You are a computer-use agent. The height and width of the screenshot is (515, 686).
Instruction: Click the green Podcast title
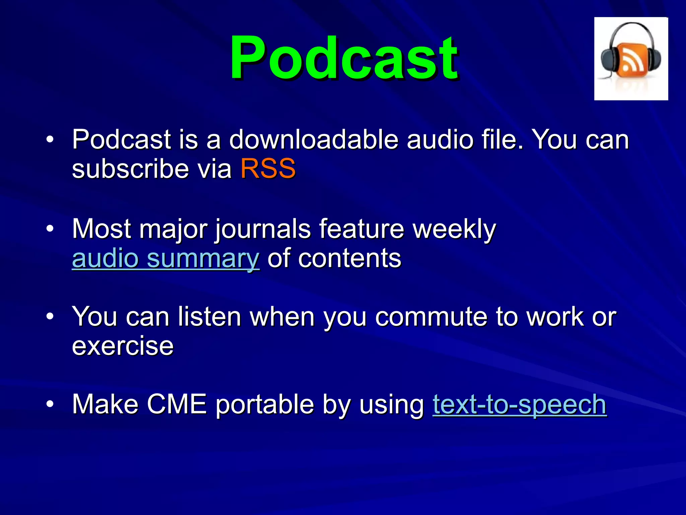click(x=344, y=58)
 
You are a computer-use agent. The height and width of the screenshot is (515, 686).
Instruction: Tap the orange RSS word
click(x=268, y=169)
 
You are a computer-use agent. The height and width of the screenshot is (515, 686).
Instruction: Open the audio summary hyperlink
click(x=165, y=259)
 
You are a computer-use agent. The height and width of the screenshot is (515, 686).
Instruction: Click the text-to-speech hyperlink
click(x=519, y=404)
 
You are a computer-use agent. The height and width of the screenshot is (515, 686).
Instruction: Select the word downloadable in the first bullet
click(x=314, y=139)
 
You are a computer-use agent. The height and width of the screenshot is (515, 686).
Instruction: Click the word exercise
click(x=123, y=346)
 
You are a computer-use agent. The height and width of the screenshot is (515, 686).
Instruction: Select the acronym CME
click(x=177, y=404)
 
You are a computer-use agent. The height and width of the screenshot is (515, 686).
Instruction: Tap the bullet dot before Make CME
click(x=50, y=404)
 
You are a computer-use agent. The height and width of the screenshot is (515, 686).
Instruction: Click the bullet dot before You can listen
click(x=50, y=317)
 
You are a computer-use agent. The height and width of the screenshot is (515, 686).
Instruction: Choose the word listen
click(x=209, y=317)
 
